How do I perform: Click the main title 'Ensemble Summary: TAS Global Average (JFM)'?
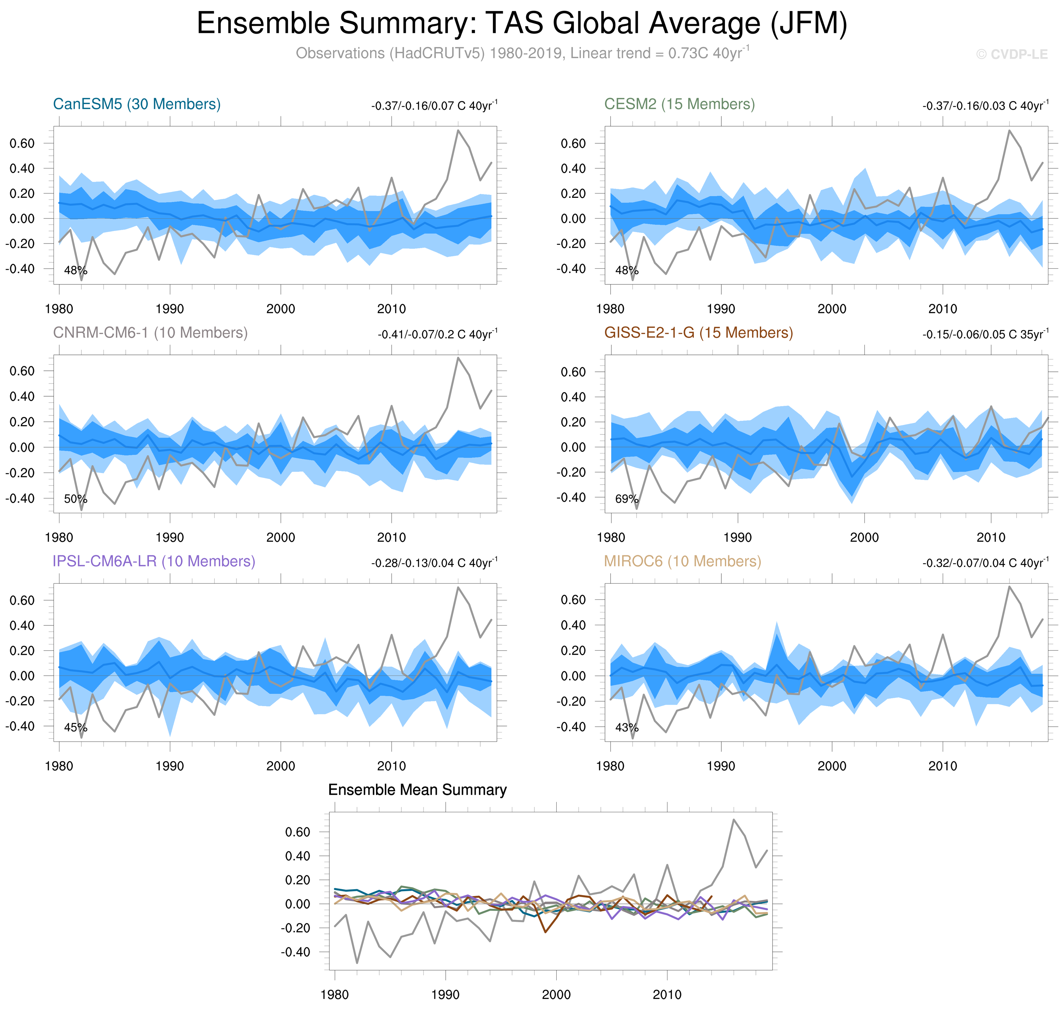521,24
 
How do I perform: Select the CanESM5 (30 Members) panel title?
137,104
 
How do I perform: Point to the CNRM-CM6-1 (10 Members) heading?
150,333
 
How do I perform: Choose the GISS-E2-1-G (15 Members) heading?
698,333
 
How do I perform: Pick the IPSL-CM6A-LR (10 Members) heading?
154,561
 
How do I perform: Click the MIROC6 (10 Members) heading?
682,561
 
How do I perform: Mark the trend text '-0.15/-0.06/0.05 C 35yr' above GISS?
985,334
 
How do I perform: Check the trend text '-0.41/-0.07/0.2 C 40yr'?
437,334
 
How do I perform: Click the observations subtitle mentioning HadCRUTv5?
521,53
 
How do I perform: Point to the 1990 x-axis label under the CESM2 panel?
721,309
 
